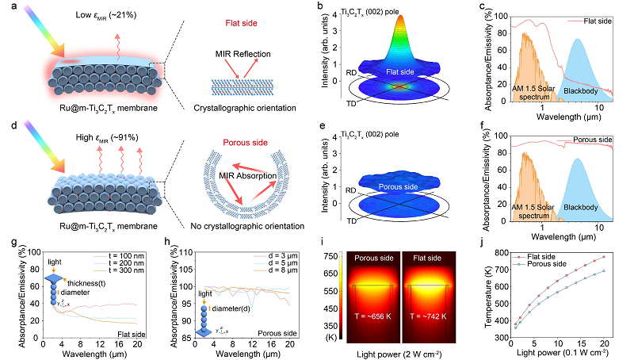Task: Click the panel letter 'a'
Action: tap(7, 9)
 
